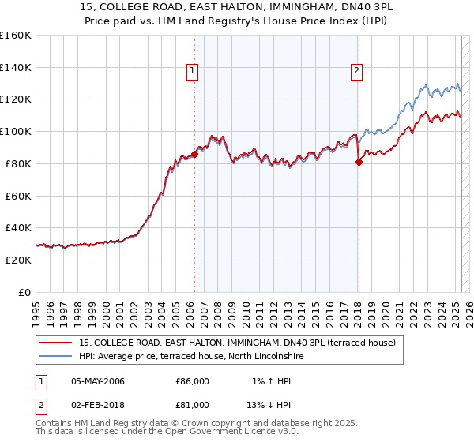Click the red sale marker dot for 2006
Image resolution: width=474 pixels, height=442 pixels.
[x=194, y=154]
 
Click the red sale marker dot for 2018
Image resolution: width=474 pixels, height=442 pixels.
[x=359, y=163]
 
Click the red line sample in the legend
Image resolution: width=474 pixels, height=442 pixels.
[x=55, y=343]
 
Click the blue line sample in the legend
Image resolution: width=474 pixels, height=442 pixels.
[x=55, y=357]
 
